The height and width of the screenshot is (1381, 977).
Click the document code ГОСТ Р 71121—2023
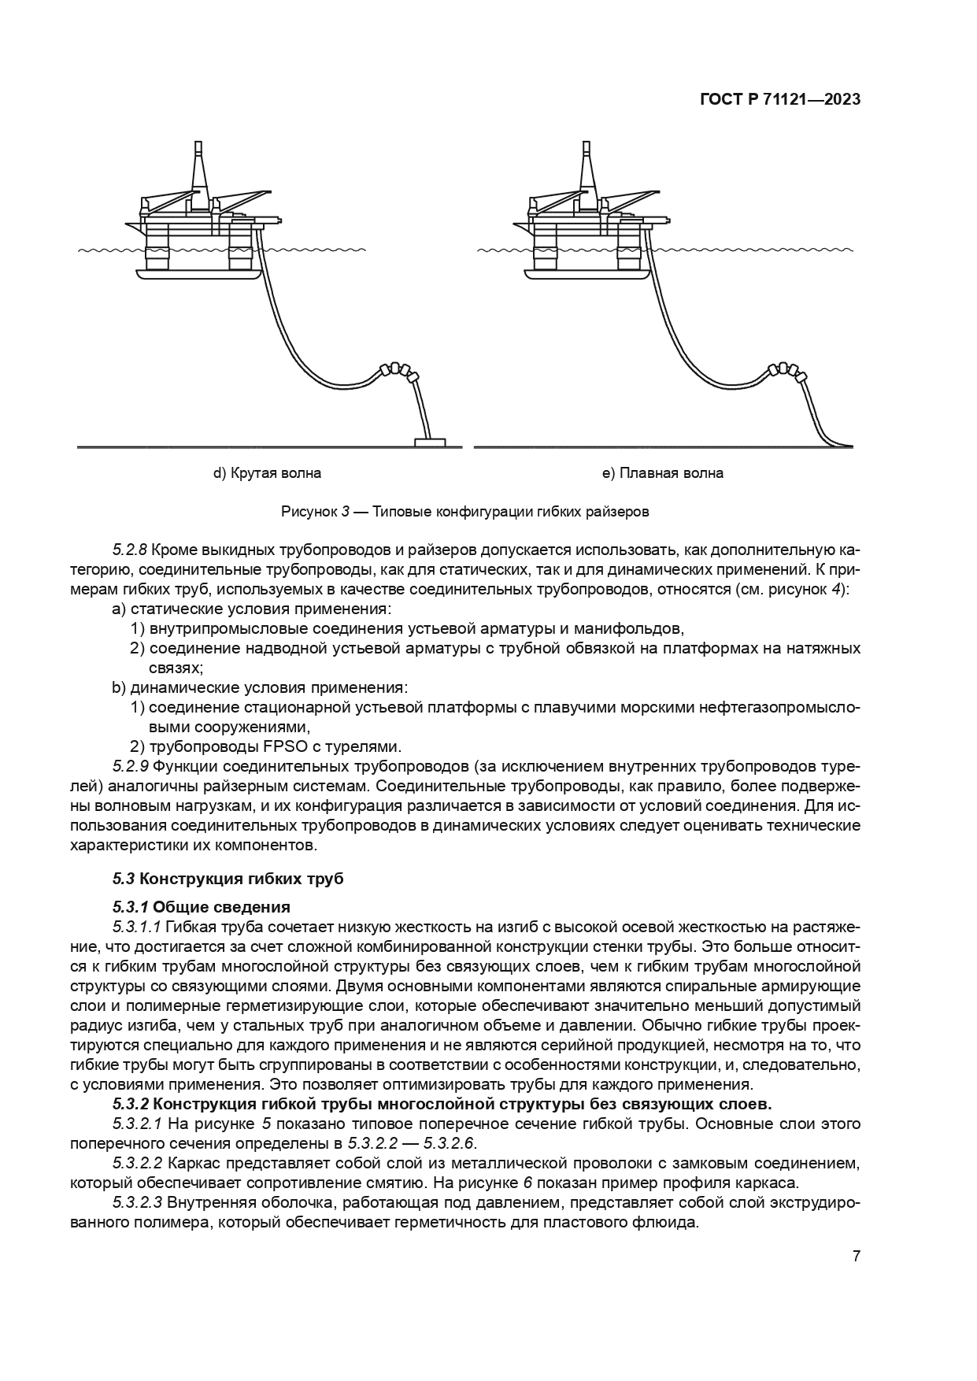[779, 100]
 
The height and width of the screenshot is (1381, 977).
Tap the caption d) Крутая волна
[267, 473]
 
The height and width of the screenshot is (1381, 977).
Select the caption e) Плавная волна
[662, 473]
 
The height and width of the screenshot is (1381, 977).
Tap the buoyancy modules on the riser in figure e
[785, 370]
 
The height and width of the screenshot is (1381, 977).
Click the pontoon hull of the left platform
[197, 273]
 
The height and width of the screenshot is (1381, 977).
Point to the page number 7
[856, 1256]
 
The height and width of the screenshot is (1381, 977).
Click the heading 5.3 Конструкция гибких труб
[228, 879]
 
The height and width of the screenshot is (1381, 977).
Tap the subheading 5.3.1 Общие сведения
[202, 907]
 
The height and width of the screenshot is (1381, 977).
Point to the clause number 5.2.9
[130, 766]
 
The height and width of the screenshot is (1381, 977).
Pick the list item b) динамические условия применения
[260, 687]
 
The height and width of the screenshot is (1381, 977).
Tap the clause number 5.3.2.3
[137, 1202]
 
